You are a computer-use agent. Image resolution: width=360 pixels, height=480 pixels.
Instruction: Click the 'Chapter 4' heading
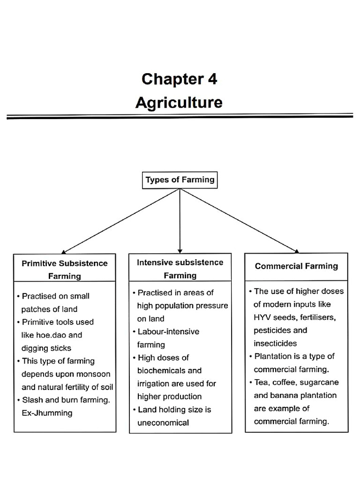click(x=179, y=79)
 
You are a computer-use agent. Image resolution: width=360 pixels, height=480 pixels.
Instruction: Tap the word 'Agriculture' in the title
click(x=179, y=102)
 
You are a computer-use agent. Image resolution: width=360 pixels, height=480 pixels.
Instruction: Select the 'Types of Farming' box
click(x=180, y=180)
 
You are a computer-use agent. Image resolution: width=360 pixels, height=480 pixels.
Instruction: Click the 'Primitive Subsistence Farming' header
click(x=65, y=269)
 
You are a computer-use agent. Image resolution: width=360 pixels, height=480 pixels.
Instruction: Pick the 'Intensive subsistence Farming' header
click(x=180, y=269)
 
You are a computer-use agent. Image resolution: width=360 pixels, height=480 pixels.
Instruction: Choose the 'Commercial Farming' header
click(x=296, y=266)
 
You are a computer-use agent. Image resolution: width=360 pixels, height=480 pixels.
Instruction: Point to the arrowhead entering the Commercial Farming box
click(x=295, y=251)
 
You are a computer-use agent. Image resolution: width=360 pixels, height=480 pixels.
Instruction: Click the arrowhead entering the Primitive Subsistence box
click(x=64, y=251)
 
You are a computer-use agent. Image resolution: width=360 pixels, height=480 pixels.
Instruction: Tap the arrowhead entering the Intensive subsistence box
click(x=180, y=251)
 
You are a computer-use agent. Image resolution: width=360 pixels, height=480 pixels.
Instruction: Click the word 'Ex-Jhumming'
click(x=47, y=413)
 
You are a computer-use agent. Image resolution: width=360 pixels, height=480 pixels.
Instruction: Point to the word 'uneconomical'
click(x=163, y=423)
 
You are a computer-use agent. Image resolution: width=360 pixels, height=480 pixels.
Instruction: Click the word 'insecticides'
click(x=275, y=343)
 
